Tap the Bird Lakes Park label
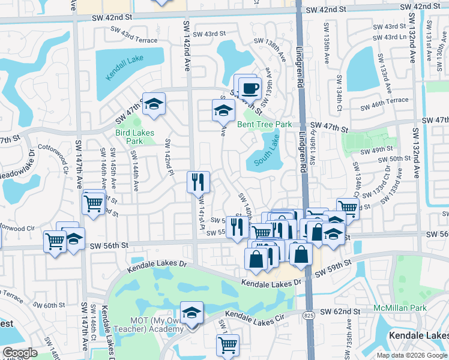click(x=135, y=137)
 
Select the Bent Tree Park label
click(x=264, y=125)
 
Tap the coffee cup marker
click(x=249, y=89)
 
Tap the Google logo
click(x=20, y=353)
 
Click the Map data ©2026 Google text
click(x=411, y=355)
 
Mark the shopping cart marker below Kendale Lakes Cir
click(x=228, y=344)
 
